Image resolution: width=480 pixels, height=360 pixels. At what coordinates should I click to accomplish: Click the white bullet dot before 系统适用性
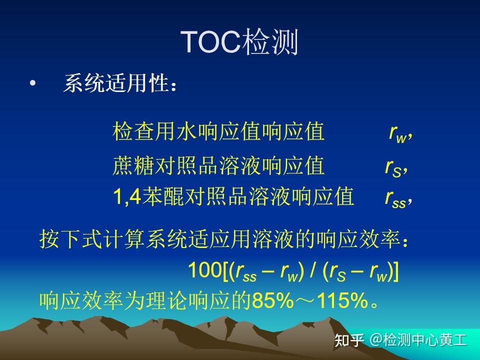pyautogui.click(x=33, y=84)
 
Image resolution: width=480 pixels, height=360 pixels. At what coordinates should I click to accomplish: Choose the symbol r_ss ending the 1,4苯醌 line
pyautogui.click(x=395, y=197)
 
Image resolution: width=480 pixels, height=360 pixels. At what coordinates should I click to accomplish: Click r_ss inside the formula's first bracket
pyautogui.click(x=246, y=272)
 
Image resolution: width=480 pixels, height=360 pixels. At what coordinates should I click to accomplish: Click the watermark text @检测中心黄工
pyautogui.click(x=418, y=340)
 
